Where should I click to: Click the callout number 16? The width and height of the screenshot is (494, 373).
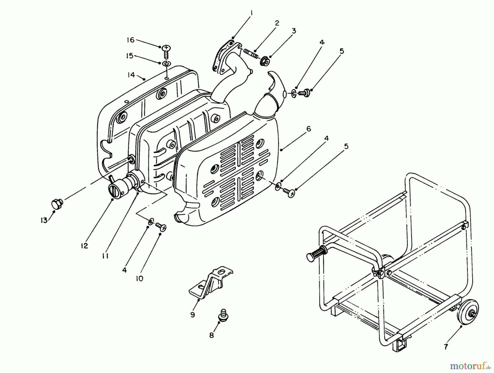pos(130,40)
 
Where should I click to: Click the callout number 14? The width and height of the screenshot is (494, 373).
pos(131,74)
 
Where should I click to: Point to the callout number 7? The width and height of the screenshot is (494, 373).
pos(446,347)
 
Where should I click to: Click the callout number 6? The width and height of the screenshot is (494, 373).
pos(309,129)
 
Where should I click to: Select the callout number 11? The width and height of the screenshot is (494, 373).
pos(105,256)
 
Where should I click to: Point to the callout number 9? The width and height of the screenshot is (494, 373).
pos(192,315)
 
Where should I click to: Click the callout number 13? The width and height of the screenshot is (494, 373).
pos(44,220)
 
